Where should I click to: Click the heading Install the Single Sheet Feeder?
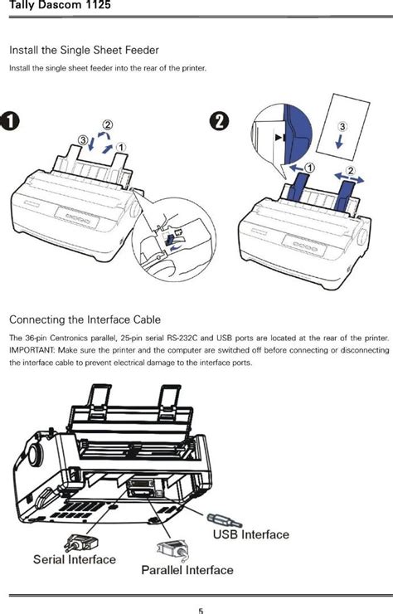(x=83, y=51)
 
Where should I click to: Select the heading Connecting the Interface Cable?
(x=85, y=319)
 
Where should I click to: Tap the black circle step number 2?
(x=219, y=120)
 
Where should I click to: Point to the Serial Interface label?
(x=75, y=558)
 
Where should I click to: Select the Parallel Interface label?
(x=187, y=570)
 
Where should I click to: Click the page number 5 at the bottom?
(x=200, y=610)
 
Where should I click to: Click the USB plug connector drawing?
(x=225, y=519)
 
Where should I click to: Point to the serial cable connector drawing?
(x=80, y=542)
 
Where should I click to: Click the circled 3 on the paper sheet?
(x=342, y=126)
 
